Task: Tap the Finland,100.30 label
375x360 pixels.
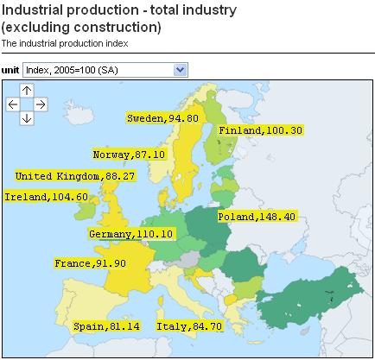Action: coord(259,130)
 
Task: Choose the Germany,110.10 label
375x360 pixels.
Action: coord(131,234)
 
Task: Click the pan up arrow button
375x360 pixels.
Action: coord(27,90)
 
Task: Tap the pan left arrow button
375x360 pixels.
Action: coord(13,104)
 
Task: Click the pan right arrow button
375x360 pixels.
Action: coord(41,104)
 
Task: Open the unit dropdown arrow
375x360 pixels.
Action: coord(180,69)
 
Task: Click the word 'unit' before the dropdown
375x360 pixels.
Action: coord(10,69)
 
